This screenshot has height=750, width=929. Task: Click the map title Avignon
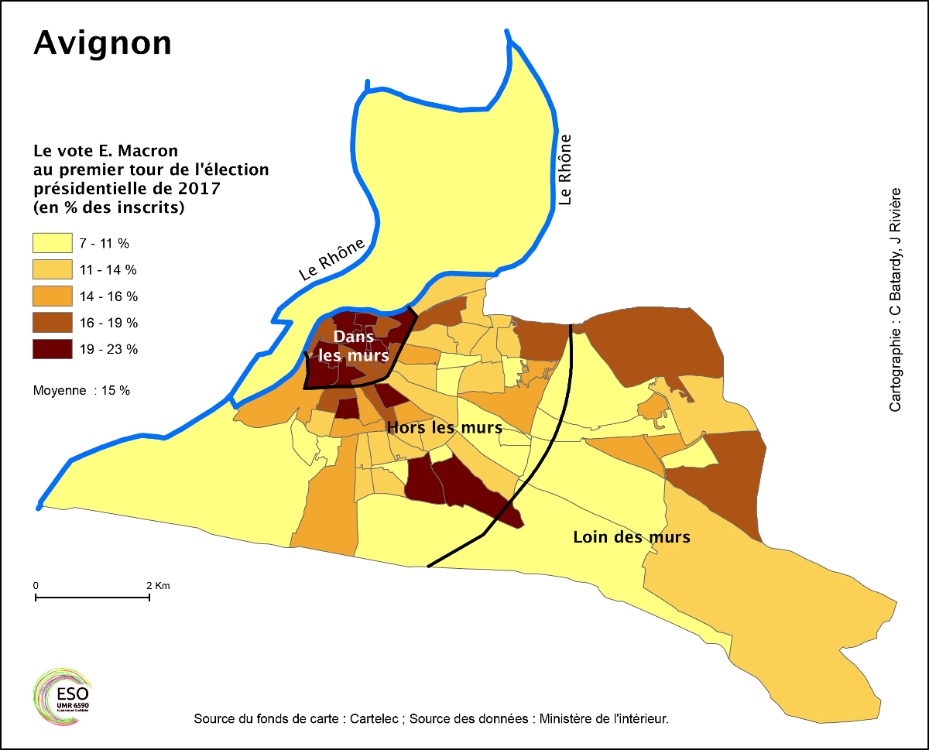coord(102,43)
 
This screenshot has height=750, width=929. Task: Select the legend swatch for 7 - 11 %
coord(52,243)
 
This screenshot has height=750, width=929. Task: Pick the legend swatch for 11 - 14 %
coord(52,269)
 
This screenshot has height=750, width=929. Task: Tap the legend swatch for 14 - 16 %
coord(52,296)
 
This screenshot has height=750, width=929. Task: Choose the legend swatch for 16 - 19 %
coord(52,322)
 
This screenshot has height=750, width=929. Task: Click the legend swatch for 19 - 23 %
coord(52,348)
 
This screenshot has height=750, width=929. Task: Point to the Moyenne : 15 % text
coord(81,390)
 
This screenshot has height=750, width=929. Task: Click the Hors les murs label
coord(444,427)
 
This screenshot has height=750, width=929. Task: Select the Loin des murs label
coord(631,536)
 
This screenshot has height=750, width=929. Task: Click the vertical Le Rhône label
coord(566,170)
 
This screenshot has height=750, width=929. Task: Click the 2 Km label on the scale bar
coord(157,586)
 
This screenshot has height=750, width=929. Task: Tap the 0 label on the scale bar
coord(36,586)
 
